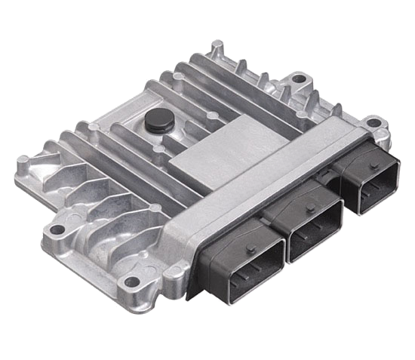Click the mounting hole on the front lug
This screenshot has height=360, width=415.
click(134, 284)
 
